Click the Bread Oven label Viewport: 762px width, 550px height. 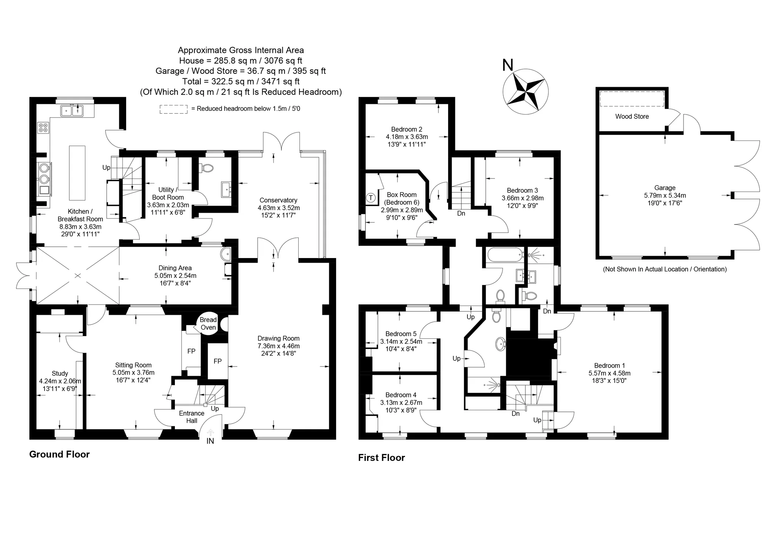click(208, 324)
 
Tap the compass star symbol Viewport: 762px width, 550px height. click(525, 91)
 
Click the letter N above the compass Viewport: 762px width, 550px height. click(508, 65)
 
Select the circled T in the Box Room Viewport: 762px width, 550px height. click(370, 198)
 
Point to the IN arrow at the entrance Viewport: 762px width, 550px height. click(210, 432)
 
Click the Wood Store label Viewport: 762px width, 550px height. click(632, 116)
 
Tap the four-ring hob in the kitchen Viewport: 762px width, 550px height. click(43, 127)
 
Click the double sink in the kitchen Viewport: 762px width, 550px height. click(72, 110)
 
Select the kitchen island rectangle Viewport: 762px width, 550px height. click(77, 173)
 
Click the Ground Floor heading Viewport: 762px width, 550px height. click(59, 454)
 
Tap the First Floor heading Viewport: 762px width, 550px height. click(381, 458)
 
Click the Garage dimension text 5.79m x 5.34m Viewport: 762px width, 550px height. click(665, 195)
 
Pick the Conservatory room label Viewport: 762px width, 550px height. click(279, 200)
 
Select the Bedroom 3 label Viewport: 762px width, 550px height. click(522, 190)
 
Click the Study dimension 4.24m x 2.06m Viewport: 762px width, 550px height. click(60, 381)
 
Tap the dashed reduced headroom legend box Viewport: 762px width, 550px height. click(173, 109)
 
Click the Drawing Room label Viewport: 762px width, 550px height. click(279, 338)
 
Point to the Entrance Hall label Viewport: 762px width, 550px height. click(192, 417)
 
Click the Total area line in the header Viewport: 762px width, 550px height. click(241, 81)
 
